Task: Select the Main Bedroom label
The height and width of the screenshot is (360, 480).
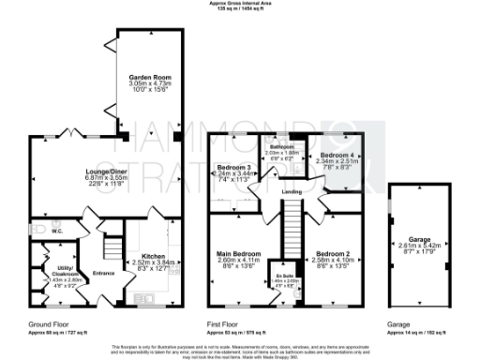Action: [240, 228]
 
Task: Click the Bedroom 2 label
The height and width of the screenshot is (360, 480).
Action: [334, 228]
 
